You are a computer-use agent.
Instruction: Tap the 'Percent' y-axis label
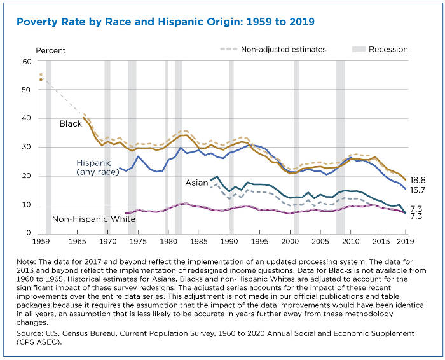pos(50,50)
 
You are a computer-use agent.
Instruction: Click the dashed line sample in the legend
pos(228,48)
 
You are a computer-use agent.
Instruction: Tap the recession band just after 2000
pos(296,146)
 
